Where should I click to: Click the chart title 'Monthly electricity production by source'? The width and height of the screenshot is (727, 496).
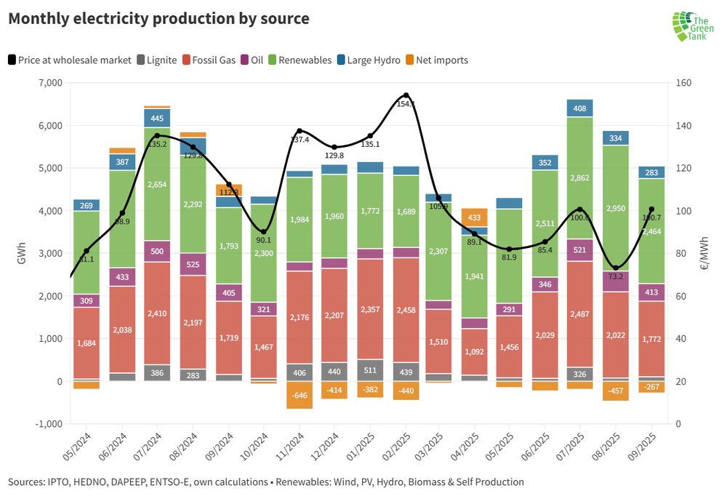158,19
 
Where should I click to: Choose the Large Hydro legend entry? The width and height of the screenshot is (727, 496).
368,60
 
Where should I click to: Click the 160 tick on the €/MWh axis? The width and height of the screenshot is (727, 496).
682,83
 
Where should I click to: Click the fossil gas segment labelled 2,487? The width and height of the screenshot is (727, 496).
580,313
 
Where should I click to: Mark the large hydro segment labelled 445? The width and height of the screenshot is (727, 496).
157,118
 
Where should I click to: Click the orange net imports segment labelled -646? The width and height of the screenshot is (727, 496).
299,395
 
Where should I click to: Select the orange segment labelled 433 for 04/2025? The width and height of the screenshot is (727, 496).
474,217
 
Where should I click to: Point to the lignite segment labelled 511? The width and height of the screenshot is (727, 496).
370,370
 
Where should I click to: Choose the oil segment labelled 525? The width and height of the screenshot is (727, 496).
193,264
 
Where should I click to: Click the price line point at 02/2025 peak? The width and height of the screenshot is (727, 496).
406,95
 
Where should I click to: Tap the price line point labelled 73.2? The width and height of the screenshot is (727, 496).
616,268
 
